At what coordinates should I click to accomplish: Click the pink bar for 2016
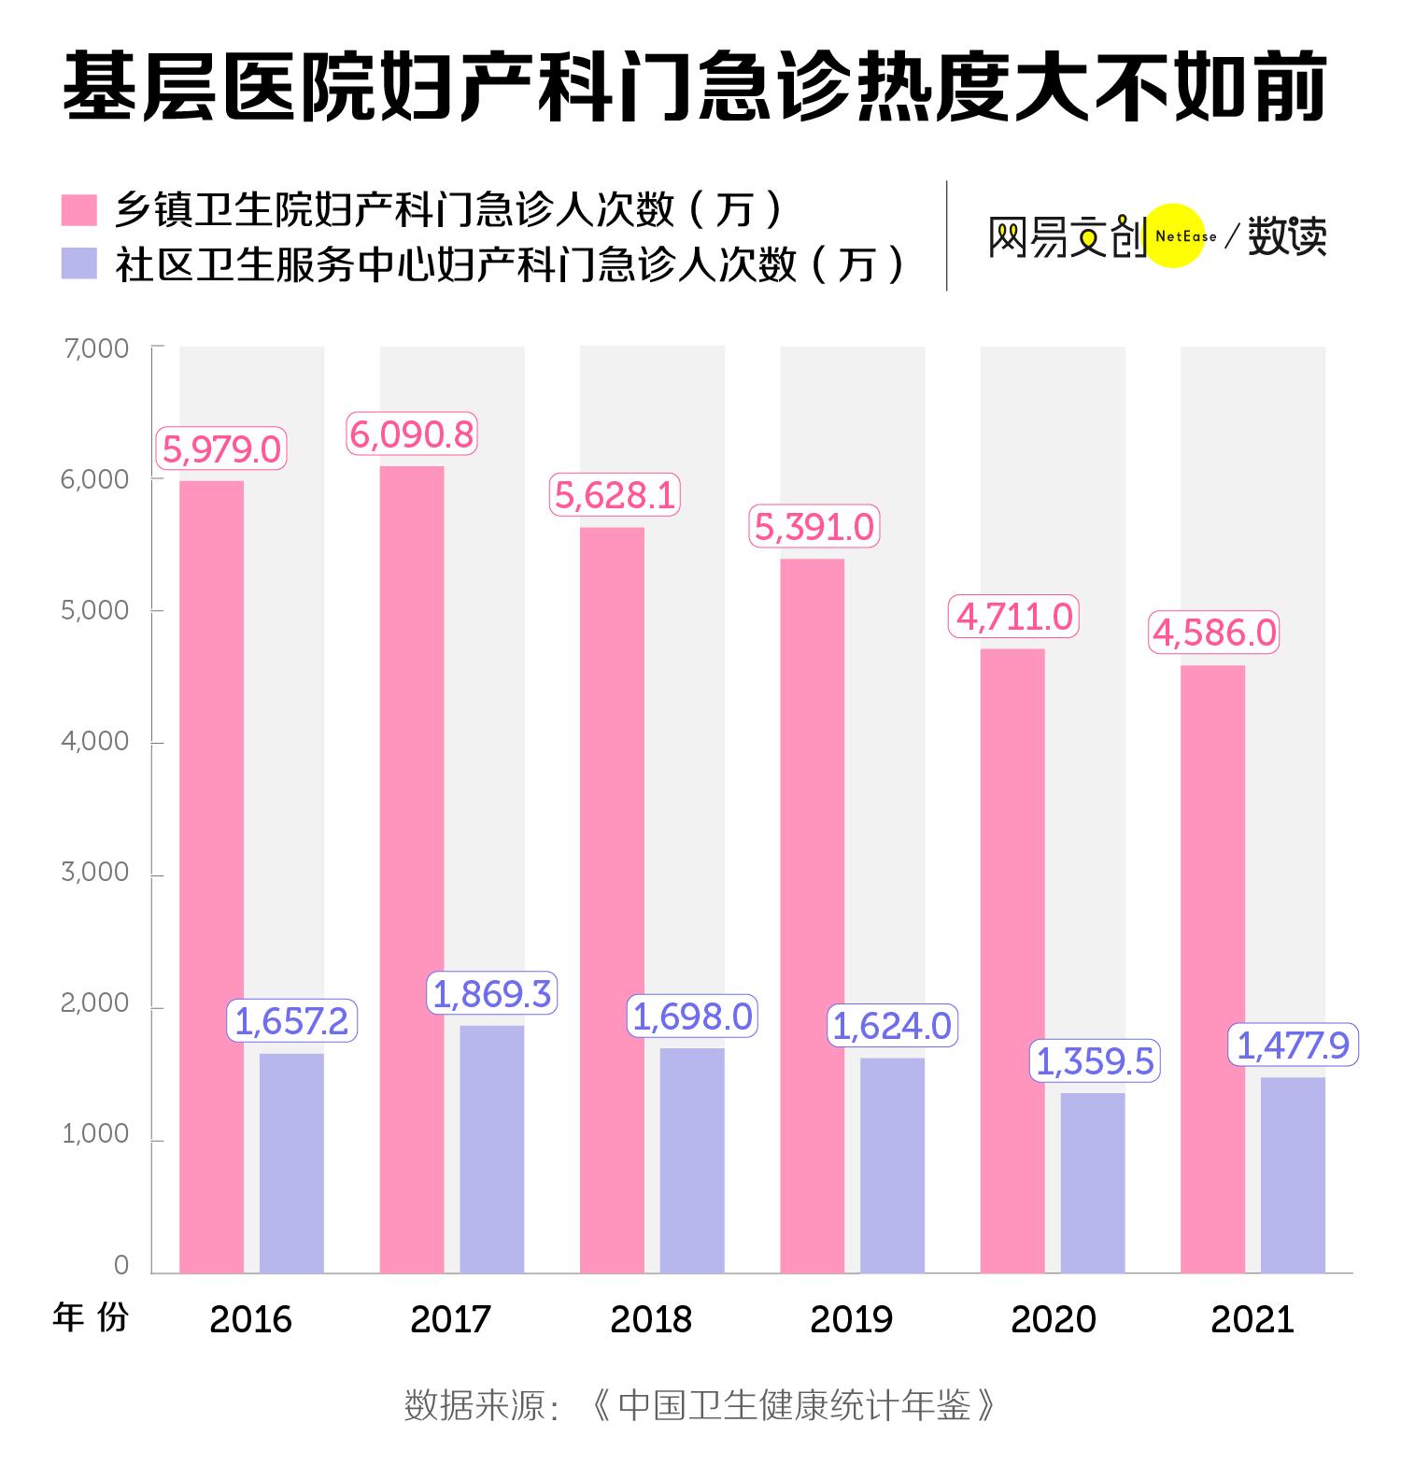coord(211,876)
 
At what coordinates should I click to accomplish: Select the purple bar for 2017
coord(491,1149)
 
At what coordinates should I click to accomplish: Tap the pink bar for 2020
coord(1012,960)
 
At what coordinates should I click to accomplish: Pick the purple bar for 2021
coord(1293,1175)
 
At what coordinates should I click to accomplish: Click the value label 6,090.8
coord(412,434)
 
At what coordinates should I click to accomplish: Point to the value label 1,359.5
coord(1096,1061)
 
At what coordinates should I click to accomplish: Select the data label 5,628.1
coord(615,494)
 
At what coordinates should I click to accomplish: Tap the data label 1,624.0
coord(892,1026)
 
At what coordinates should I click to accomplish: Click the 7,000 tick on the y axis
coord(95,348)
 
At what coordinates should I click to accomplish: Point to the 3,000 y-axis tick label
coord(95,873)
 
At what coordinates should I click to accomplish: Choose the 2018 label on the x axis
coord(651,1319)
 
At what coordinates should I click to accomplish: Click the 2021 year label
coord(1252,1319)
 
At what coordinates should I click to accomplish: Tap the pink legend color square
coord(79,210)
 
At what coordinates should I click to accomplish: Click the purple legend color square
coord(79,263)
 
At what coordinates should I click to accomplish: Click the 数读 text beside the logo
coord(1288,235)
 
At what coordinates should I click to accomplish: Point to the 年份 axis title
coord(91,1317)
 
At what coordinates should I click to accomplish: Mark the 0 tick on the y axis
coord(121,1265)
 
